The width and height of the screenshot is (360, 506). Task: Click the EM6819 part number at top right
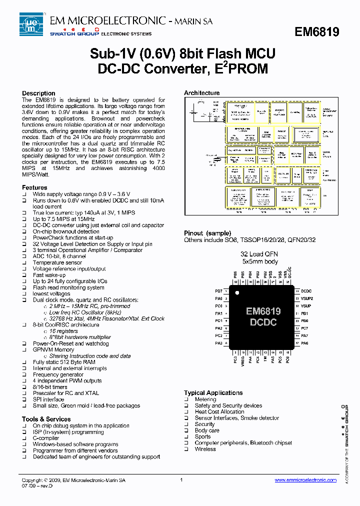(x=316, y=32)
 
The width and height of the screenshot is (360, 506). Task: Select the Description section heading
(x=38, y=93)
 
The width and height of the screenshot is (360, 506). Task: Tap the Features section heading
(x=34, y=187)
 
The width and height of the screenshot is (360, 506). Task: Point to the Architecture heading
(x=201, y=93)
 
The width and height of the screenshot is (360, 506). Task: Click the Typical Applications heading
(x=213, y=393)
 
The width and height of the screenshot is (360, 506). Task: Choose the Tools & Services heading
(x=46, y=419)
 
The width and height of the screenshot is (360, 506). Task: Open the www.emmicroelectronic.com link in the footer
(x=305, y=480)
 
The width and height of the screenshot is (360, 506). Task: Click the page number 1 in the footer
(x=181, y=480)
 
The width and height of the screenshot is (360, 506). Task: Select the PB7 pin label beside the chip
(x=218, y=290)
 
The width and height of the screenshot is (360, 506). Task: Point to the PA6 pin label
(x=304, y=343)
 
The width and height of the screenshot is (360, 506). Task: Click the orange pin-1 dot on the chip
(x=237, y=292)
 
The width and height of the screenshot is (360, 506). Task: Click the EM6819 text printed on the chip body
(x=263, y=311)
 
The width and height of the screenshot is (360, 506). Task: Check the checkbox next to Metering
(x=186, y=399)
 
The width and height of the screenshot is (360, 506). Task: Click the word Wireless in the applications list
(x=205, y=449)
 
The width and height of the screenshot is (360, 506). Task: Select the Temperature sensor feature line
(x=57, y=262)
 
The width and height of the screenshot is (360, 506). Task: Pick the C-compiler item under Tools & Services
(x=46, y=438)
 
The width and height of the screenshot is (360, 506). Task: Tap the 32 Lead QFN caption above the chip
(x=259, y=254)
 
